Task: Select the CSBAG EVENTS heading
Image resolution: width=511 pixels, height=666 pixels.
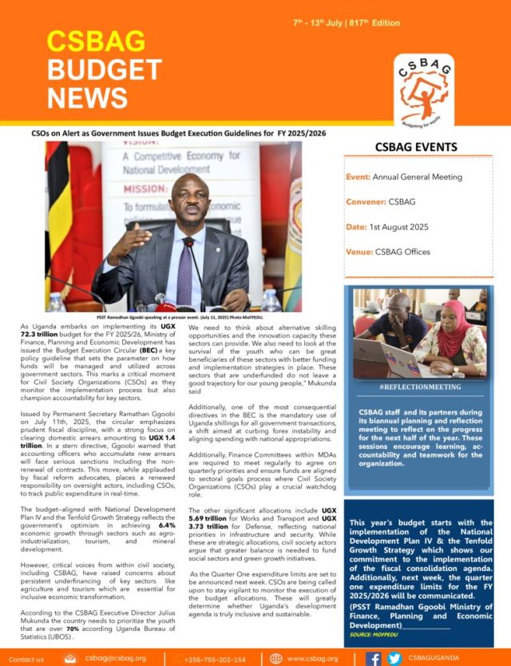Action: (416, 147)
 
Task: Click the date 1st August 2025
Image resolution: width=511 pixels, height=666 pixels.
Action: (398, 227)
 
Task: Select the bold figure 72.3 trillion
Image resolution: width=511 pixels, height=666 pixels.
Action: (46, 338)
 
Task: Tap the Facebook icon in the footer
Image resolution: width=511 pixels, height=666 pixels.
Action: (373, 659)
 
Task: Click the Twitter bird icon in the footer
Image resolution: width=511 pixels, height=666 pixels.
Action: (393, 659)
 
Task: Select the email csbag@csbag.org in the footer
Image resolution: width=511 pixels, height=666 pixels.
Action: (115, 659)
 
